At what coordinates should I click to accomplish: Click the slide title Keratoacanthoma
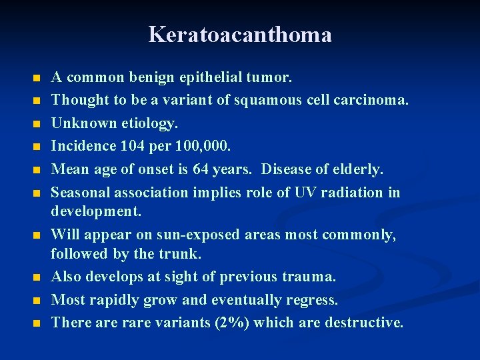(240, 35)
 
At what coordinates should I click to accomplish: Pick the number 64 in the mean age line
(201, 169)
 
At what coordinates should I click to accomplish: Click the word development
(96, 211)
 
